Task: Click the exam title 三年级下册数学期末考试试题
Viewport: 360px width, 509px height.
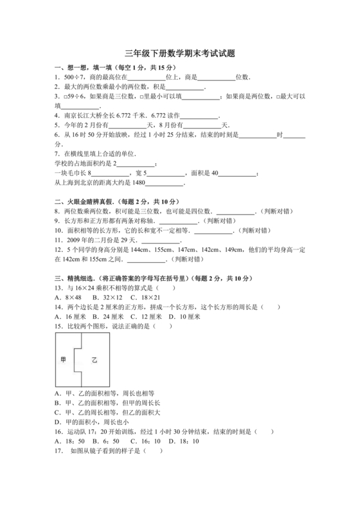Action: click(x=179, y=55)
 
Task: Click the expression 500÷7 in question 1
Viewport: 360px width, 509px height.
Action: click(x=72, y=77)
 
